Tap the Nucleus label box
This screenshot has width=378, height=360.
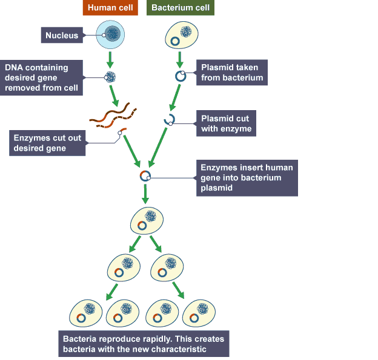pyautogui.click(x=62, y=36)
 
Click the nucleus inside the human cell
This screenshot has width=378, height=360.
pyautogui.click(x=111, y=34)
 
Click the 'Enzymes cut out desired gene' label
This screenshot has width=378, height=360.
pyautogui.click(x=47, y=143)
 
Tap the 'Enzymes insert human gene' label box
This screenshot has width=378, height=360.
pyautogui.click(x=248, y=178)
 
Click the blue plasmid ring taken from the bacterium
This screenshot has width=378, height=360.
pyautogui.click(x=180, y=76)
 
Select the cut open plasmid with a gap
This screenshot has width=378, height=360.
pyautogui.click(x=169, y=120)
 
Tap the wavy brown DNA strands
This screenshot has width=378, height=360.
pyautogui.click(x=113, y=114)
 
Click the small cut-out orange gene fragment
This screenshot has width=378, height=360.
pyautogui.click(x=123, y=131)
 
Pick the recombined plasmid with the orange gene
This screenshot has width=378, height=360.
pyautogui.click(x=145, y=175)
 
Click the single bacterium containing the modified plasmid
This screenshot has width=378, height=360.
pyautogui.click(x=147, y=220)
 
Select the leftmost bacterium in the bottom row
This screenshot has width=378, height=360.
pyautogui.click(x=85, y=312)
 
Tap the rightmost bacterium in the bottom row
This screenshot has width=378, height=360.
pyautogui.click(x=201, y=312)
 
